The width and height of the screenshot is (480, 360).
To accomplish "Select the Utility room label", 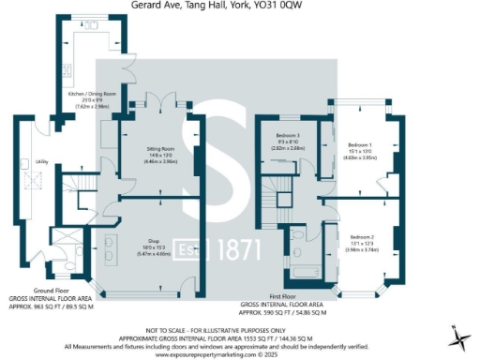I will (41, 162).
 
